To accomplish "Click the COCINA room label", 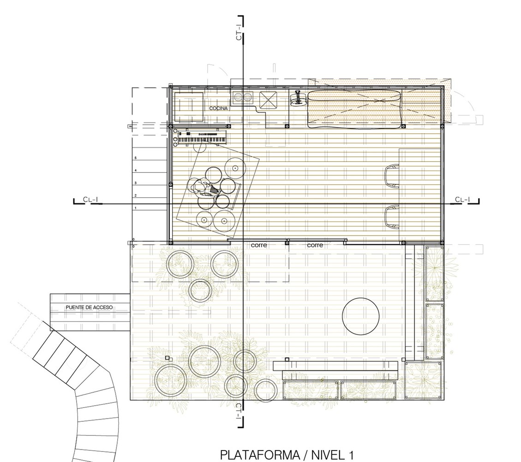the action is [x=218, y=109].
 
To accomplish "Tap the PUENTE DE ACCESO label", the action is [x=89, y=307].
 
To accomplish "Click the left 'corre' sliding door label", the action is [x=259, y=245].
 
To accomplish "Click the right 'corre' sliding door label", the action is [x=315, y=245].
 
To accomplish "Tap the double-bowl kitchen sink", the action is [x=242, y=97].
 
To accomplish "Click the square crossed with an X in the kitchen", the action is [x=268, y=100].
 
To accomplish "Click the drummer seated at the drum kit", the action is [x=202, y=187].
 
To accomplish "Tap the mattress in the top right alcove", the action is [x=354, y=109].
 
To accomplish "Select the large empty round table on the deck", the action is [x=360, y=316].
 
